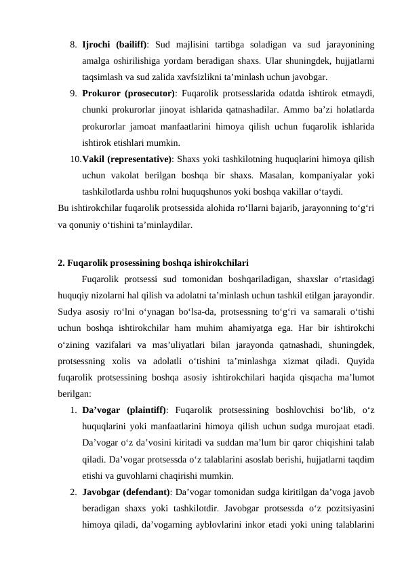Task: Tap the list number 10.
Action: (73, 160)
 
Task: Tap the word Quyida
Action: (361, 361)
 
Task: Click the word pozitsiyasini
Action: (346, 508)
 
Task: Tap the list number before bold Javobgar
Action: (73, 492)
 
